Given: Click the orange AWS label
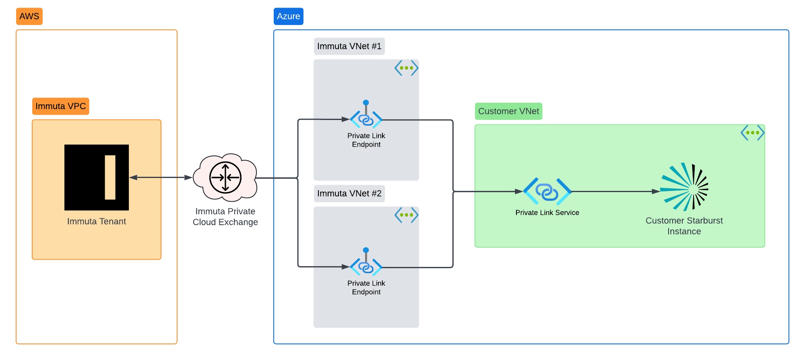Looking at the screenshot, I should [29, 17].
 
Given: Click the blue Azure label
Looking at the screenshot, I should [288, 17].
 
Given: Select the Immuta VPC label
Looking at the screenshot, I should [60, 106].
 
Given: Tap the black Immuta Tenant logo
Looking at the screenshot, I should [97, 177].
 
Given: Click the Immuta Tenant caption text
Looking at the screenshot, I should [97, 221].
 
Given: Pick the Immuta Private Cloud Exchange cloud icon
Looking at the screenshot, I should [225, 177].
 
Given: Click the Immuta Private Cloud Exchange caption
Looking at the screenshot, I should [225, 217].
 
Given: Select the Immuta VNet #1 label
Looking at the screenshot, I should [349, 46].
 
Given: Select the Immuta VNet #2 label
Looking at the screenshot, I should [349, 194].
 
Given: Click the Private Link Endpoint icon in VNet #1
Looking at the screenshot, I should [366, 117].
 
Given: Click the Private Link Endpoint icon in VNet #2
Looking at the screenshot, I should [366, 265].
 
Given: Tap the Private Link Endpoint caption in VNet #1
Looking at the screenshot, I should [366, 140].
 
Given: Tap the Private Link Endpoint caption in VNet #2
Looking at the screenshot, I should [366, 288].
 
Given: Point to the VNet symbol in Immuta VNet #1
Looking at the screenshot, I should [407, 68].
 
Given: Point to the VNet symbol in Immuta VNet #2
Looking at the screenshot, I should [407, 215].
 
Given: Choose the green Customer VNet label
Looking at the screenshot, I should [508, 112].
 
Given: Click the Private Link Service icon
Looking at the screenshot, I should [547, 192].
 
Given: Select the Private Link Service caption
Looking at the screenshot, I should [547, 213].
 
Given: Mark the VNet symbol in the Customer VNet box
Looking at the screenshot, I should [752, 133].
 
